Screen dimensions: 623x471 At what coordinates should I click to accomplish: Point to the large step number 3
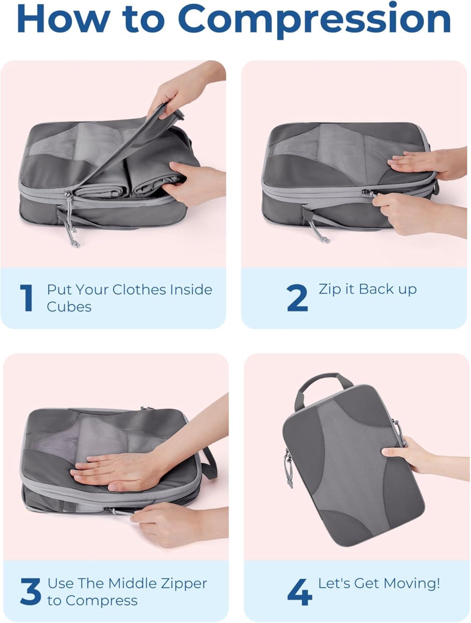point(30,591)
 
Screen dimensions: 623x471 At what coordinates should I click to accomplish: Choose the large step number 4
point(300,591)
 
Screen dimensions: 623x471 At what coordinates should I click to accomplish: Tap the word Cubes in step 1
point(69,307)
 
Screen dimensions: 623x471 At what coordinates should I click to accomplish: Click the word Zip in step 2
point(330,289)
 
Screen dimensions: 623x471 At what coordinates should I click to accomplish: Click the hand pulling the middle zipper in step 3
point(170,523)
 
